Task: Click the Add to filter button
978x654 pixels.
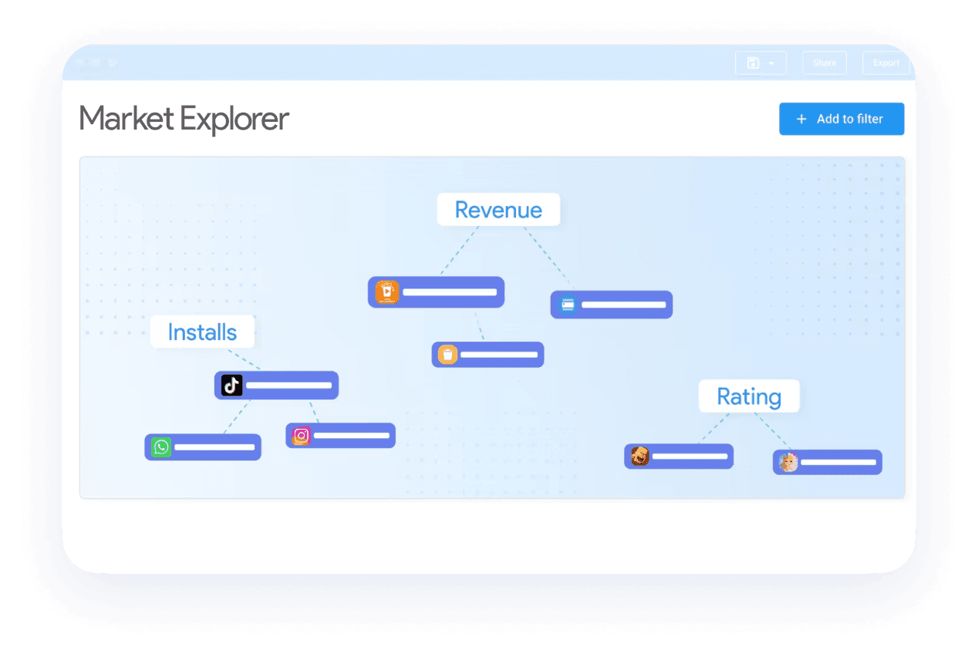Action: [x=841, y=119]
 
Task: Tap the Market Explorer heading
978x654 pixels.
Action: [x=184, y=119]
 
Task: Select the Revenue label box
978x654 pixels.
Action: [x=498, y=210]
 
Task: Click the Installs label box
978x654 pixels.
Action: [x=202, y=332]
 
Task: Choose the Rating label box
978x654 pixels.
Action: [x=749, y=396]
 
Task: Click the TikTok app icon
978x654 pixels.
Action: [x=232, y=385]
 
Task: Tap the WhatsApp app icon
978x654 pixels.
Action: [x=161, y=447]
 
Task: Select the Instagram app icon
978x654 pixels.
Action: [x=302, y=436]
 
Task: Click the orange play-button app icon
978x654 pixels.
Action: [x=386, y=292]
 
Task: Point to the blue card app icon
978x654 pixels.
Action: [x=568, y=305]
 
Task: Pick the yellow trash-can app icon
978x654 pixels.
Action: [x=448, y=355]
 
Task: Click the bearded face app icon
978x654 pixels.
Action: [x=639, y=457]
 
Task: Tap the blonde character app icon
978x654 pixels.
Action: [x=788, y=462]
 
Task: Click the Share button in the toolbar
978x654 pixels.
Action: [x=824, y=63]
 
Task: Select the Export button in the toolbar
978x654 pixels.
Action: [x=885, y=63]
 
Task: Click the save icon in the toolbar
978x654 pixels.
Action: [x=754, y=63]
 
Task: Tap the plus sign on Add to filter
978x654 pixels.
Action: [x=801, y=119]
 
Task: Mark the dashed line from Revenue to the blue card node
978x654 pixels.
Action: [x=550, y=258]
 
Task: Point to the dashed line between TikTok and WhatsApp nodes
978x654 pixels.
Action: [x=236, y=416]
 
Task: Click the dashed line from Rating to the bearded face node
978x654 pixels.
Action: [x=714, y=428]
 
